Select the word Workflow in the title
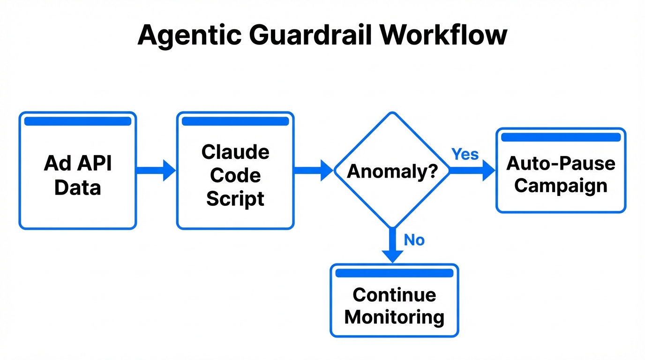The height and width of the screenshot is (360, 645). [444, 35]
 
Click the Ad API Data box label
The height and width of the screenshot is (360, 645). [78, 175]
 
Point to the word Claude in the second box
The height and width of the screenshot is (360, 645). [235, 152]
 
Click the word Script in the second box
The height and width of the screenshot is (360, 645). [235, 199]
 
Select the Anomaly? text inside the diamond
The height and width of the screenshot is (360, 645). [392, 172]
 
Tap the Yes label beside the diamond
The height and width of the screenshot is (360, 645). [465, 154]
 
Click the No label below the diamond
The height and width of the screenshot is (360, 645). [414, 240]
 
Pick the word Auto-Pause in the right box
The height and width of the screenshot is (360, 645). [561, 164]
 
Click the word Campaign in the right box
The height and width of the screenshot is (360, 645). [561, 186]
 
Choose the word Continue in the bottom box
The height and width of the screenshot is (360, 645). [394, 295]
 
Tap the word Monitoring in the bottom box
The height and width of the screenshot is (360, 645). [394, 317]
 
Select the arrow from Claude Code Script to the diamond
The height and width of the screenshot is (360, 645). [314, 170]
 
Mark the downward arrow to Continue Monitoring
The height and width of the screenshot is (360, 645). [392, 246]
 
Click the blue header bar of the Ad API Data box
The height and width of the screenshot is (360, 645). [78, 121]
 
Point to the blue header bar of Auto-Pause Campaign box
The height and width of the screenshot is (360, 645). [561, 137]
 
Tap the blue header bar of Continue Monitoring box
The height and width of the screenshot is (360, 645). [394, 273]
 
